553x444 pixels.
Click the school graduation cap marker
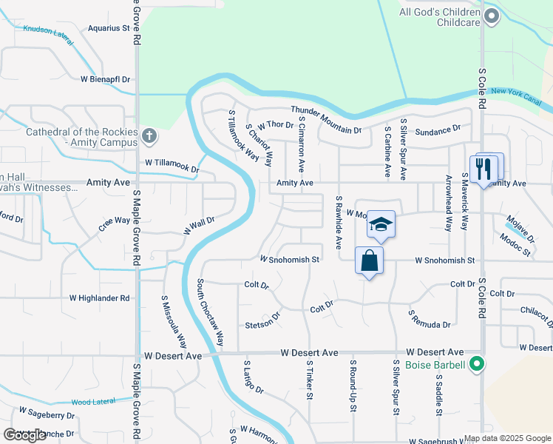coord(380,223)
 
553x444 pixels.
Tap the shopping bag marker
coord(369,260)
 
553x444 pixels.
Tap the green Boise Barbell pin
coord(478,364)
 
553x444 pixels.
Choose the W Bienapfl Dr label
coord(105,79)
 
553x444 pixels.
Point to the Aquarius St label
coord(108,28)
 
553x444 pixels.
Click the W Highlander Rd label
coord(99,298)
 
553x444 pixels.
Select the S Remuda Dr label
coord(430,320)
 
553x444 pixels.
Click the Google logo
coord(25,435)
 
